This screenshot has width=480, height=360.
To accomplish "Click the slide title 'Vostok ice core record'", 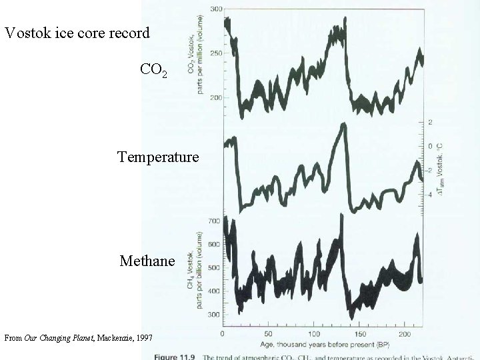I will click(77, 32).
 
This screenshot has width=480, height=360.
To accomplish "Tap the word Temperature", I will click(158, 157).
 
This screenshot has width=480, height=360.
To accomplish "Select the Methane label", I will click(147, 261).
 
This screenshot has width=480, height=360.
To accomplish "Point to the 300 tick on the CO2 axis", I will click(217, 9).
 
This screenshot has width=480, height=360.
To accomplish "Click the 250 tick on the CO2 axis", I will click(217, 53).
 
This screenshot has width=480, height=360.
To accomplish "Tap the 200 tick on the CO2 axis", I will click(217, 98).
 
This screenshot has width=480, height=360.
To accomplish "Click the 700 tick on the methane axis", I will click(215, 221).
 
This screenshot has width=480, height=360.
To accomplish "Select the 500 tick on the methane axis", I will click(215, 268).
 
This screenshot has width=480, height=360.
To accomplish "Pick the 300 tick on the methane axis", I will click(215, 315).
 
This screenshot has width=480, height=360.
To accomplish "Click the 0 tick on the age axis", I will click(223, 333).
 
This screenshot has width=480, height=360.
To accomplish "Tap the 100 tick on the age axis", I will click(314, 333).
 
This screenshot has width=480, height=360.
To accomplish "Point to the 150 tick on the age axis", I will click(360, 333).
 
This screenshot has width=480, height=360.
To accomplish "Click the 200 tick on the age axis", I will click(406, 333).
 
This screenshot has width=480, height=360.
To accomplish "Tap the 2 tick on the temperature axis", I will click(431, 122).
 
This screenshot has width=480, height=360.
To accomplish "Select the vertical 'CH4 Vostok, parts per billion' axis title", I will click(198, 267).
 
